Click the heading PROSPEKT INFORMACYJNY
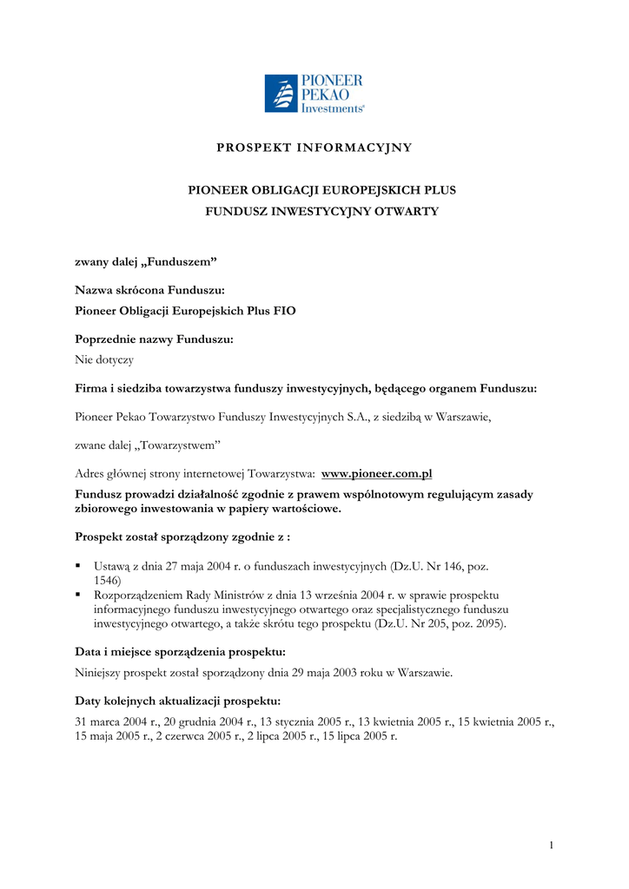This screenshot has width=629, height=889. [314, 148]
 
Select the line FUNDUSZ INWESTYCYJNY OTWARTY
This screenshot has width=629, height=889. [321, 211]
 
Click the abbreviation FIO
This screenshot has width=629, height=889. [284, 310]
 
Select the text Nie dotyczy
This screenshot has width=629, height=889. [104, 359]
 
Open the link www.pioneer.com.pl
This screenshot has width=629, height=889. [377, 473]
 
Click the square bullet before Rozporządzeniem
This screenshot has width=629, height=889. [79, 595]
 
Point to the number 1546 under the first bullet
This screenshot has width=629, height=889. [107, 580]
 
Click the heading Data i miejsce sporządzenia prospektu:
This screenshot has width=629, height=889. [181, 651]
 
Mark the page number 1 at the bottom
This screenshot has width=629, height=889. [551, 846]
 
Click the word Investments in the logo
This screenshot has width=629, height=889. [331, 108]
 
